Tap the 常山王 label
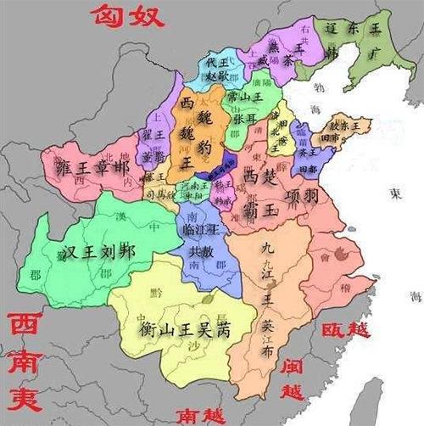pos(243,98)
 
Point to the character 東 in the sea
pos(395,193)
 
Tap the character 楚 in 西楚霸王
pos(270,177)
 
